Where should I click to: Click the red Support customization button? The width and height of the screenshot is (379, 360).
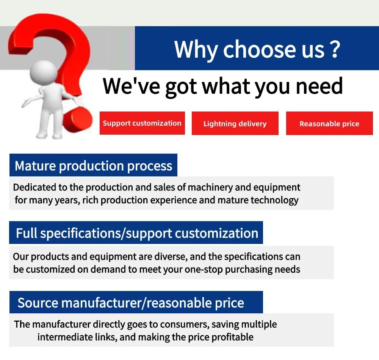[x=142, y=123]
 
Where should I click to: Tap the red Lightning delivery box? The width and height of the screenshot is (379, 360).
[x=235, y=123]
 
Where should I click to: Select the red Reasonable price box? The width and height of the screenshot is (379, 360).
[x=329, y=123]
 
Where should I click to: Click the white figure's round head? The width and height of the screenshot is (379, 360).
[x=44, y=72]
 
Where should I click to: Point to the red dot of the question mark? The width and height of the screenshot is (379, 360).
[x=78, y=120]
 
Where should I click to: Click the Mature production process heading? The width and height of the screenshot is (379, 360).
[x=93, y=166]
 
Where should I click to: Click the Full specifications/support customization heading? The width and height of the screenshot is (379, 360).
[x=137, y=233]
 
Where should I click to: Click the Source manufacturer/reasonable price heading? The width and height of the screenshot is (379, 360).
[x=131, y=303]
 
